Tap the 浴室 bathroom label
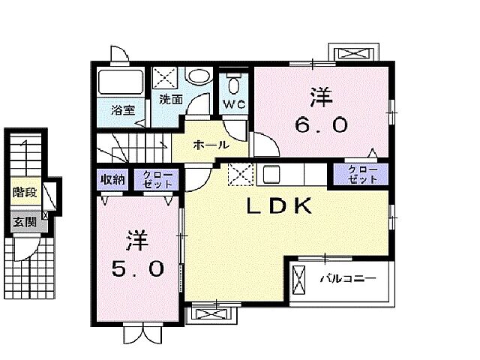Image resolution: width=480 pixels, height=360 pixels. coord(123,109)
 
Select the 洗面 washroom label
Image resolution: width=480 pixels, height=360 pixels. coord(170,99)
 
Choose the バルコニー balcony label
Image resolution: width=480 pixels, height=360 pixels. coord(346,280)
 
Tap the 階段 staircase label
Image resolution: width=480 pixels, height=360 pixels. coord(23,193)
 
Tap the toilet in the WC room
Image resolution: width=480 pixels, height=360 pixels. coord(234,80)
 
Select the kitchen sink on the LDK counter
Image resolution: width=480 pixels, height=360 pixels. coord(271,174)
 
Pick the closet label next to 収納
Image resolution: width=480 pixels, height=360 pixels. coord(157,179)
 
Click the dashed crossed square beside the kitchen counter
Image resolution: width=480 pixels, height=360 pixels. coord(240,174)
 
